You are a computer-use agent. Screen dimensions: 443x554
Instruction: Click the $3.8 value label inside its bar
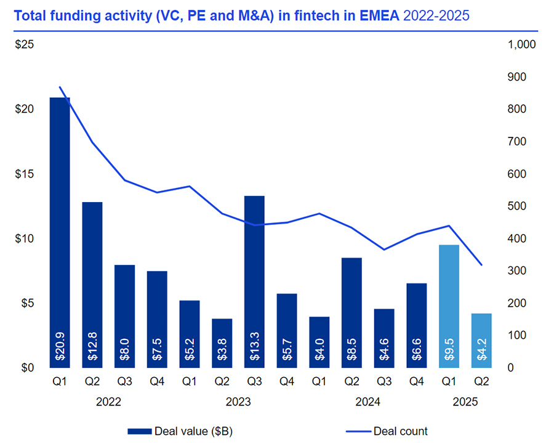[x=222, y=348]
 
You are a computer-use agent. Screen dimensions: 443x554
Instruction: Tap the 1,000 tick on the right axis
[x=522, y=45]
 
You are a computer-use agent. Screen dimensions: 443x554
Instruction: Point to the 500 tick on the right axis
[x=516, y=206]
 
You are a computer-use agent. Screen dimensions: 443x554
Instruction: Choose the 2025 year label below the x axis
[x=465, y=402]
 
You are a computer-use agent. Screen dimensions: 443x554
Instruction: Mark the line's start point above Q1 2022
[x=60, y=87]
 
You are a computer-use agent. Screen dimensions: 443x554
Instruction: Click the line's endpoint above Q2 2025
[x=481, y=265]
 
